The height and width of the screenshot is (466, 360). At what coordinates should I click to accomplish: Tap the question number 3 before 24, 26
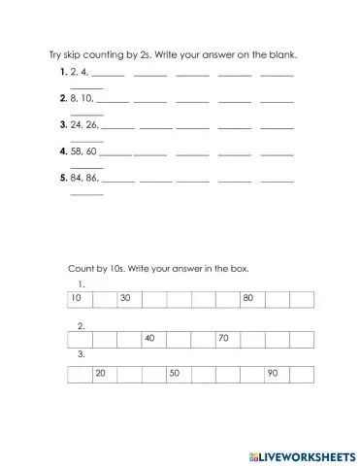(62, 124)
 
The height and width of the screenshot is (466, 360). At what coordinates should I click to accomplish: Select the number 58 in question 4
(77, 150)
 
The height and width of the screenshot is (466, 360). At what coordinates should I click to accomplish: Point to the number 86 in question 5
(90, 178)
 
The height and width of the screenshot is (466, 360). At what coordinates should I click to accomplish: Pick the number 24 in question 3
(76, 124)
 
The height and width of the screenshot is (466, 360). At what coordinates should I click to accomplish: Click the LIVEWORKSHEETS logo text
(309, 454)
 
